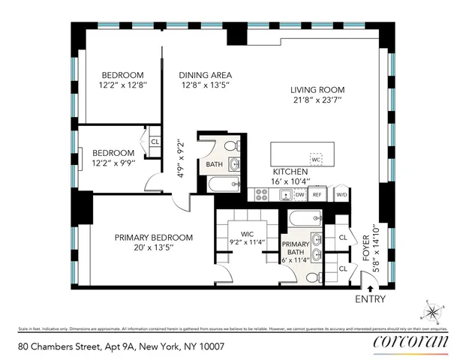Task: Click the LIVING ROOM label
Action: pyautogui.click(x=317, y=90)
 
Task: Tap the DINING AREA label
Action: pyautogui.click(x=205, y=75)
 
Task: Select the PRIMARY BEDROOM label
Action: pyautogui.click(x=154, y=238)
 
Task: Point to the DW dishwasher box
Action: pyautogui.click(x=299, y=194)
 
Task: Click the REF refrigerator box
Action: pyautogui.click(x=317, y=194)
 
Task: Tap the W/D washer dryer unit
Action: pyautogui.click(x=341, y=194)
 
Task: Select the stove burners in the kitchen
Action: pyautogui.click(x=262, y=194)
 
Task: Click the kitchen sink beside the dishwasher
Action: pyautogui.click(x=285, y=195)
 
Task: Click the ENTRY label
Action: pyautogui.click(x=371, y=299)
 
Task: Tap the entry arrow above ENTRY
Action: pyautogui.click(x=371, y=285)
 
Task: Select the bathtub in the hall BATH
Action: pyautogui.click(x=222, y=185)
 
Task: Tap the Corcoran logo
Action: pyautogui.click(x=410, y=342)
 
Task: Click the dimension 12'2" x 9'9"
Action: pyautogui.click(x=113, y=162)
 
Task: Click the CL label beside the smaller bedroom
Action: pyautogui.click(x=155, y=141)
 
